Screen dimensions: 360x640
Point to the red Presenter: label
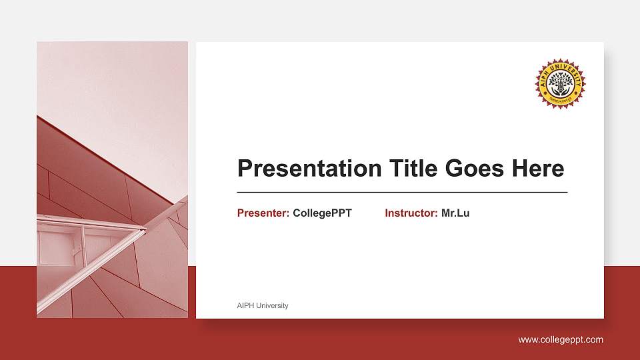pyautogui.click(x=263, y=213)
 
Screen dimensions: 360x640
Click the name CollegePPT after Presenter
pyautogui.click(x=322, y=213)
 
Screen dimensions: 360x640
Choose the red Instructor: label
pyautogui.click(x=411, y=213)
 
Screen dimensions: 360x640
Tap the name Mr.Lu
pyautogui.click(x=455, y=213)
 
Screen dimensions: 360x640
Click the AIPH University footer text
pyautogui.click(x=263, y=305)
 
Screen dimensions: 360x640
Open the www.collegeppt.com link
pyautogui.click(x=561, y=340)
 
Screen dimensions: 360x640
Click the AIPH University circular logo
pyautogui.click(x=560, y=83)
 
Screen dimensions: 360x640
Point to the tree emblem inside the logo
pyautogui.click(x=560, y=83)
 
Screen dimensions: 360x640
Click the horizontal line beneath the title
pyautogui.click(x=402, y=192)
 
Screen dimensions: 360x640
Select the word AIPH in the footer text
pyautogui.click(x=245, y=305)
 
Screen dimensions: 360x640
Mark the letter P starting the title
pyautogui.click(x=245, y=168)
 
